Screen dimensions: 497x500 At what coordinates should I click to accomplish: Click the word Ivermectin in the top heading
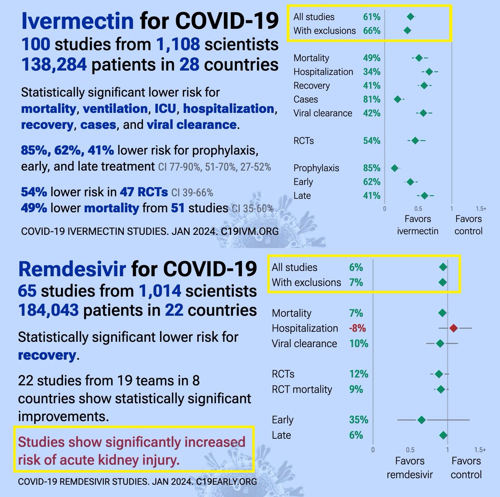coord(77,20)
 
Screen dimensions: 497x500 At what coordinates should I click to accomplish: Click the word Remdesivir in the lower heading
coord(72,269)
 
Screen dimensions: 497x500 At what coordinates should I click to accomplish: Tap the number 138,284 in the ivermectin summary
coord(54,65)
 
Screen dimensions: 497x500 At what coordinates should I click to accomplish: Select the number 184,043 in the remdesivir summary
coord(48,310)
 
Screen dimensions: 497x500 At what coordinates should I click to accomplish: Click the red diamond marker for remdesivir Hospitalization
coord(454,328)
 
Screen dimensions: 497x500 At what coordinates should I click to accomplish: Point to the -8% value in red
coord(357,328)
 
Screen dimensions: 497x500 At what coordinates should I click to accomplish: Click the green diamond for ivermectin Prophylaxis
coord(395,168)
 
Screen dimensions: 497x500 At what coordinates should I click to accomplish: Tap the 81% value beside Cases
coord(372,99)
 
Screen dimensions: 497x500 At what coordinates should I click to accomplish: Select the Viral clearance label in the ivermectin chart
coord(322,113)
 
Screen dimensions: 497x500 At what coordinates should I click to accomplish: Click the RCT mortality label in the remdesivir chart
coord(302,390)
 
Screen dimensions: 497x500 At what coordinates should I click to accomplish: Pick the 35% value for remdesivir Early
coord(359,420)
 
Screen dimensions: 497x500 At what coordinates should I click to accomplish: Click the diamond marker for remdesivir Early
coord(422,420)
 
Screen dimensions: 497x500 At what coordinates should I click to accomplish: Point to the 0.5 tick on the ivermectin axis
coord(418,209)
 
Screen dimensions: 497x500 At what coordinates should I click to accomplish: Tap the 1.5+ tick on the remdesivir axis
coord(480,450)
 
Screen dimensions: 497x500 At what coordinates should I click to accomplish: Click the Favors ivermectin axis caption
coord(417,225)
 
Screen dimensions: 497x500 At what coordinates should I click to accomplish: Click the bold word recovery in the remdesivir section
coord(47,355)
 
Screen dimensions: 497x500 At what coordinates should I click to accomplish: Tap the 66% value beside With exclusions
coord(372,31)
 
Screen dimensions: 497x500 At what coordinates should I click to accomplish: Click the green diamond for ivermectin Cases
coord(397,99)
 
